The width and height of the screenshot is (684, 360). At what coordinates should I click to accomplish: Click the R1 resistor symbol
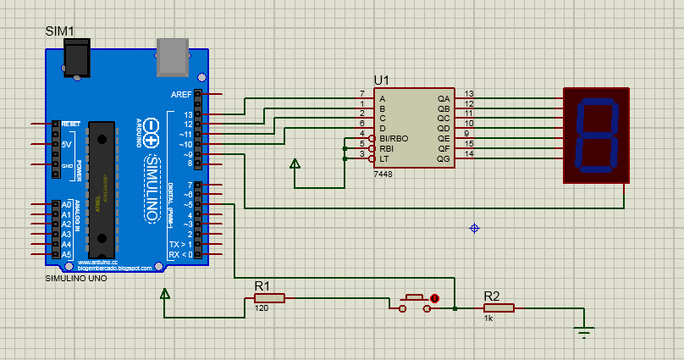(x=269, y=297)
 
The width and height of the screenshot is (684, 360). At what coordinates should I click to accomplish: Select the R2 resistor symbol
(x=498, y=308)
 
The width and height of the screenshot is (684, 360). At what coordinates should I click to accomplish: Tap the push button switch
(x=414, y=302)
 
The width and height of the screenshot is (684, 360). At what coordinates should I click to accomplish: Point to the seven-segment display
(x=597, y=135)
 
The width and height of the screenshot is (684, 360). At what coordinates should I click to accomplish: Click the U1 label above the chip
(x=381, y=80)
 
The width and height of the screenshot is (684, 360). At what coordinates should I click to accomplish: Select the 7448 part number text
(x=383, y=173)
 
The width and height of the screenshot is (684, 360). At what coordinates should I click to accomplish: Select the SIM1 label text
(x=59, y=31)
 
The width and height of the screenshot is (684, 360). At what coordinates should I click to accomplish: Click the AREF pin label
(x=181, y=94)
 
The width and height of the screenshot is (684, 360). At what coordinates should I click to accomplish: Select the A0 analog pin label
(x=66, y=205)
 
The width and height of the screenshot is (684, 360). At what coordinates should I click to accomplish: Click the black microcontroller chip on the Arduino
(x=101, y=188)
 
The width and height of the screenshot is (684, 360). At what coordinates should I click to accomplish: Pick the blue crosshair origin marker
(x=475, y=228)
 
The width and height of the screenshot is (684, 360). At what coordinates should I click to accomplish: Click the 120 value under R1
(x=261, y=308)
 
